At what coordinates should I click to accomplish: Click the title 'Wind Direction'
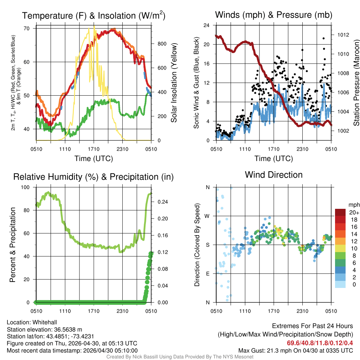pos(274,175)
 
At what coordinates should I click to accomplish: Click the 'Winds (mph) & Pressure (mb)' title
pos(274,15)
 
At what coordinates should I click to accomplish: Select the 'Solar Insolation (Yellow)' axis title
pos(174,83)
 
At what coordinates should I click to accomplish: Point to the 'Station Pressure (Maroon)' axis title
pos(356,83)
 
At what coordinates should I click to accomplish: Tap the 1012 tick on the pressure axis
pos(343,35)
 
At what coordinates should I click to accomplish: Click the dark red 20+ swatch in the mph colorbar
pos(341,212)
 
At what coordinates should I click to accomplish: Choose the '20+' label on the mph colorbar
pos(353,212)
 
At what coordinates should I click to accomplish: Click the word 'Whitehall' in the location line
pos(44,322)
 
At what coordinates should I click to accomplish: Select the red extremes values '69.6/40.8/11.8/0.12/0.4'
pos(320,343)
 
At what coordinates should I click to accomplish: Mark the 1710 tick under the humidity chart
pos(94,311)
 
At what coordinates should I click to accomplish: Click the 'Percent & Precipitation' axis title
pos(12,245)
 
